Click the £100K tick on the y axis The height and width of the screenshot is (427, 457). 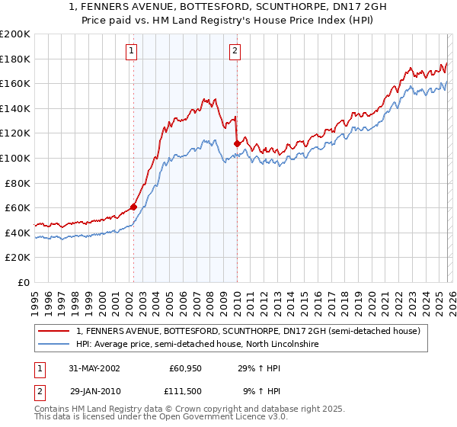(x=15, y=158)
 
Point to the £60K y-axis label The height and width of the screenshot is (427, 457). (x=18, y=207)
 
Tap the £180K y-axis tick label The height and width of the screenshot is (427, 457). (x=15, y=59)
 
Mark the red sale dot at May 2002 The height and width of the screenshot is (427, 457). (x=134, y=206)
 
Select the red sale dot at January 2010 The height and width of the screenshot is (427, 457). (x=237, y=143)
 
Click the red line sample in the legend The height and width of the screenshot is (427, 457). (x=55, y=332)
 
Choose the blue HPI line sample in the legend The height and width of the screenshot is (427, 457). (x=55, y=345)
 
